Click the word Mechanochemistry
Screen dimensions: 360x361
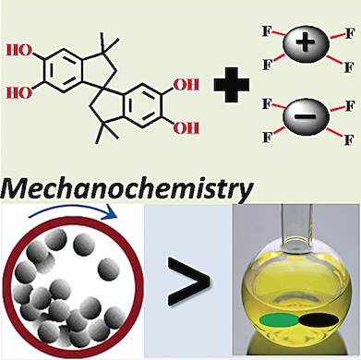[x=127, y=190]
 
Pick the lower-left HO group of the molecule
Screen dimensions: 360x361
[x=19, y=94]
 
